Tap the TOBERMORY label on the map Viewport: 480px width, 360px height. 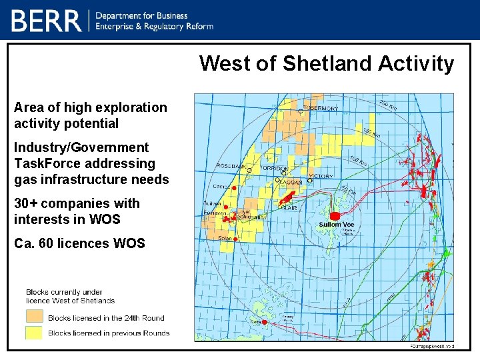[321, 108]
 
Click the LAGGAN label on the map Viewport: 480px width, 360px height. [291, 181]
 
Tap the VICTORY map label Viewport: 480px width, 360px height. [321, 176]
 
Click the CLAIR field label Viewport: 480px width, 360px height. [288, 208]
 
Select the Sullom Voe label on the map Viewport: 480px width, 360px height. [336, 225]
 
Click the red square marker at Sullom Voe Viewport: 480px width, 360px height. [335, 215]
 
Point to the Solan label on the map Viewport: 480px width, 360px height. [225, 239]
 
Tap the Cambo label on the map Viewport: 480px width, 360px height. [221, 187]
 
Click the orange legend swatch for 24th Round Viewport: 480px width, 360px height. [35, 317]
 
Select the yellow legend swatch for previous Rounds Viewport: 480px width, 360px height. [35, 333]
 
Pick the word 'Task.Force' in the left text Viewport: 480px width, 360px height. [46, 163]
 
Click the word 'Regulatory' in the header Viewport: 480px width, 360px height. [169, 26]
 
